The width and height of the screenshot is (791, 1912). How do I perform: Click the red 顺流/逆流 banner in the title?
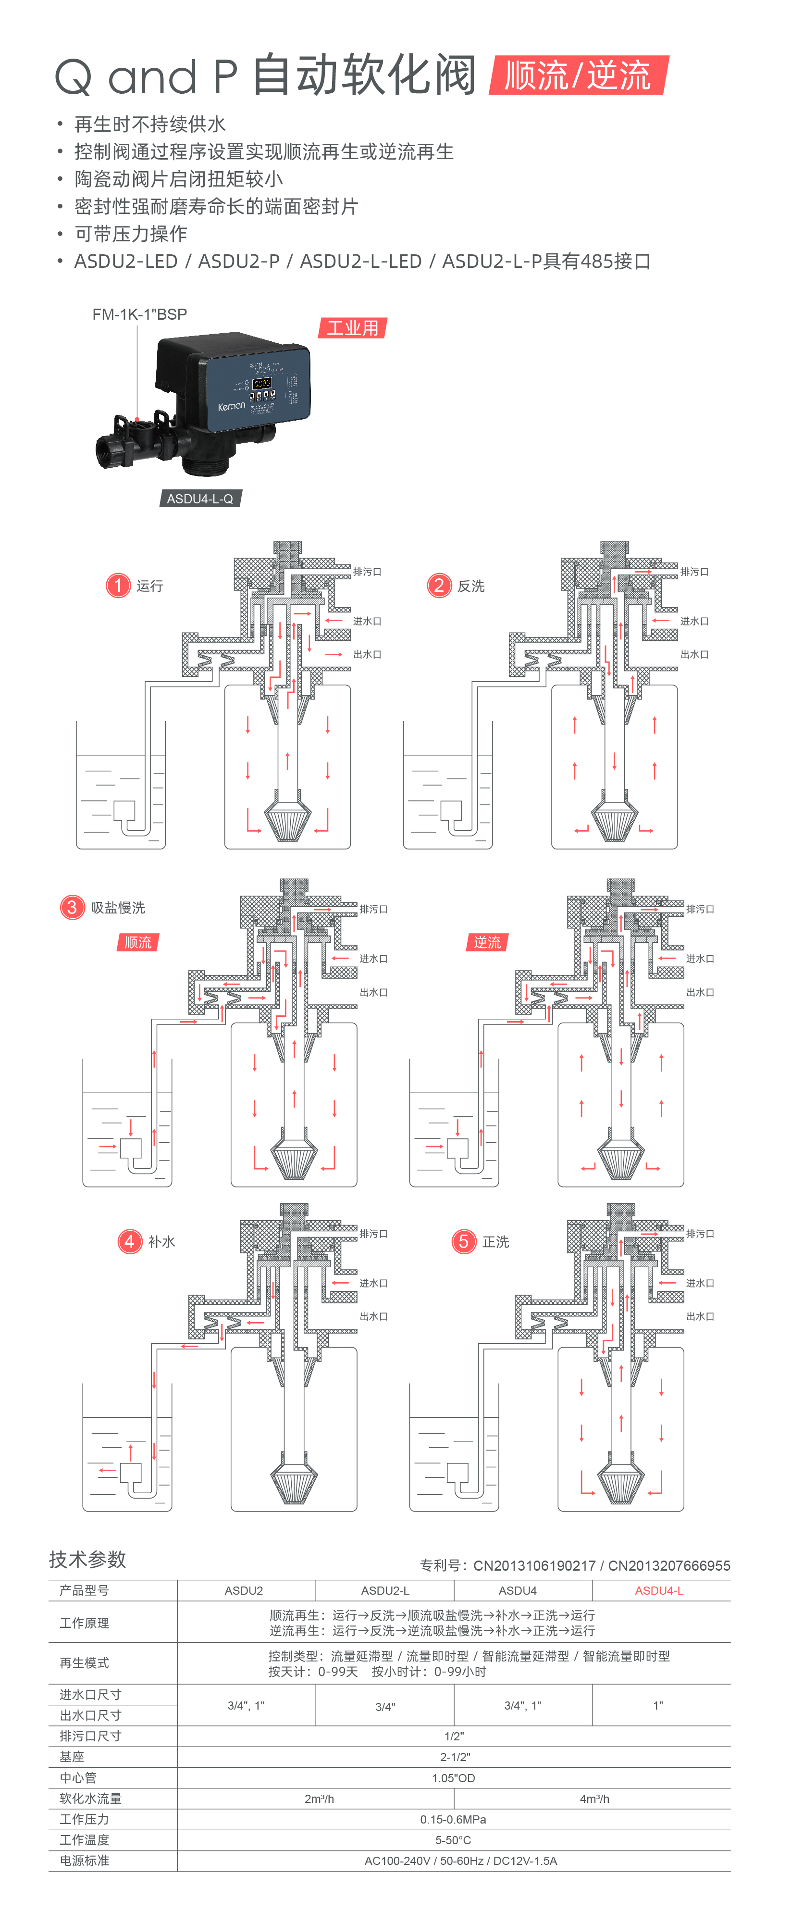pyautogui.click(x=578, y=75)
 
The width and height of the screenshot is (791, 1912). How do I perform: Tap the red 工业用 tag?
pyautogui.click(x=352, y=328)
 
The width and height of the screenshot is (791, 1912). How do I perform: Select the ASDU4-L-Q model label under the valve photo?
pyautogui.click(x=199, y=499)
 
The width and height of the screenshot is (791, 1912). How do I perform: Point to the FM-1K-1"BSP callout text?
pyautogui.click(x=139, y=314)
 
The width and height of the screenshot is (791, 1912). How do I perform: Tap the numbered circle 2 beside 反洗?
pyautogui.click(x=439, y=586)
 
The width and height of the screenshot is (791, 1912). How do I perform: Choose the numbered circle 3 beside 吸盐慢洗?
pyautogui.click(x=72, y=907)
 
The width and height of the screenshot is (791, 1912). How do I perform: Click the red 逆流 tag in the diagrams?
pyautogui.click(x=487, y=942)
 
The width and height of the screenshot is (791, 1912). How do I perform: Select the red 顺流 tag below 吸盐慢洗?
pyautogui.click(x=138, y=942)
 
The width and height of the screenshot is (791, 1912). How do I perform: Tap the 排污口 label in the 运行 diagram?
pyautogui.click(x=367, y=572)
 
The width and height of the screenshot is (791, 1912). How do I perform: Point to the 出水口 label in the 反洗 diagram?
pyautogui.click(x=694, y=654)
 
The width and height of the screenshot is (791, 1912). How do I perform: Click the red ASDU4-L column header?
pyautogui.click(x=659, y=1591)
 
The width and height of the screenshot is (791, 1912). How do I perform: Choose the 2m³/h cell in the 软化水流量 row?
pyautogui.click(x=319, y=1799)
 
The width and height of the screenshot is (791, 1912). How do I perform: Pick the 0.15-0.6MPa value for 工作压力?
pyautogui.click(x=453, y=1819)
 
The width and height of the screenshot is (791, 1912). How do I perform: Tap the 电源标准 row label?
pyautogui.click(x=85, y=1861)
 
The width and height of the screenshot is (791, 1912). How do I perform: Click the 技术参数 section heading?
pyautogui.click(x=87, y=1559)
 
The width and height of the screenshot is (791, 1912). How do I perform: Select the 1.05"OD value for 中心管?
pyautogui.click(x=453, y=1778)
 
